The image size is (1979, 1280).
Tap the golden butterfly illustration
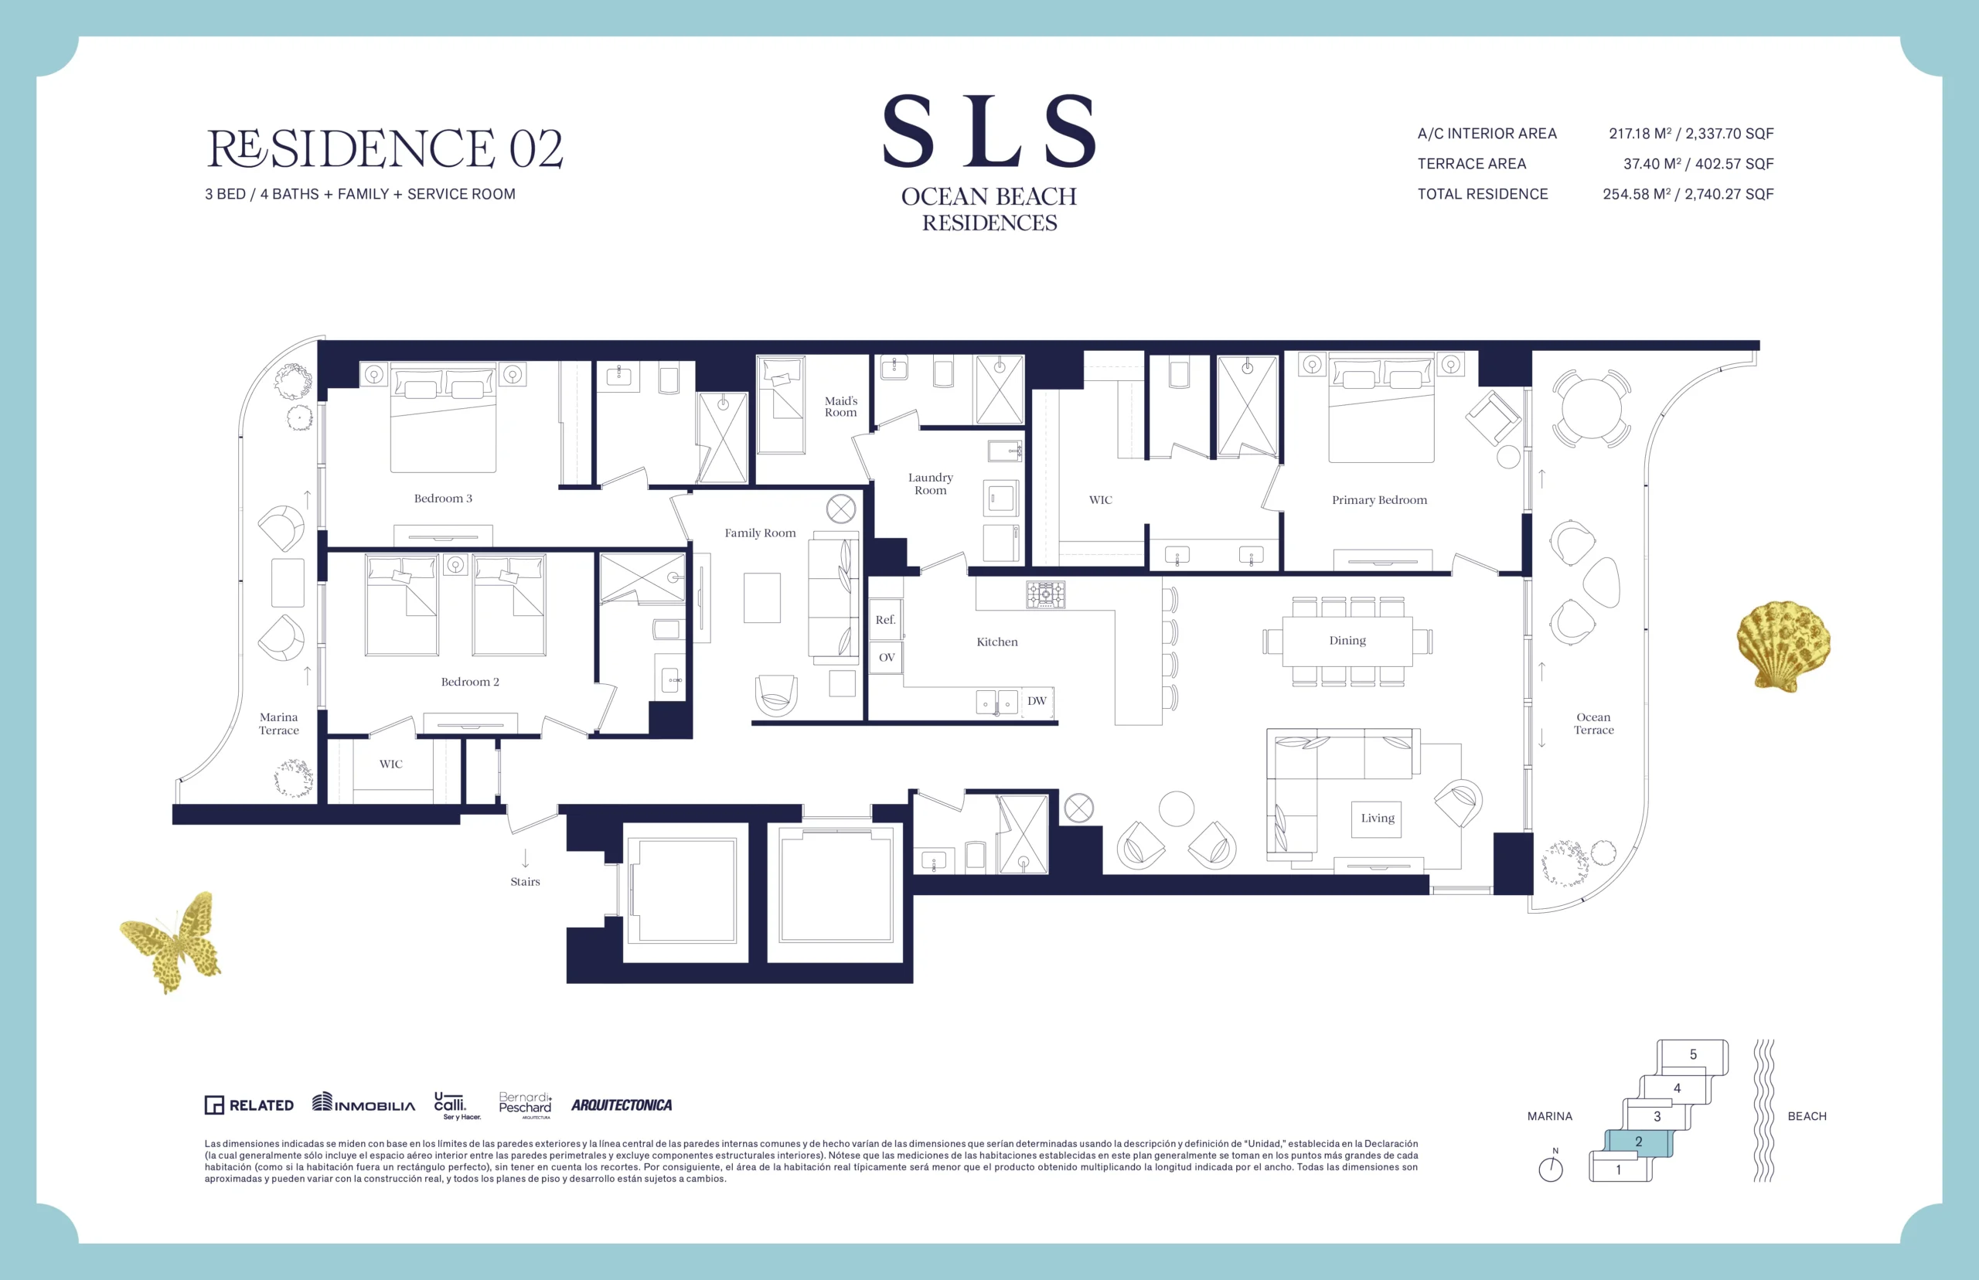[172, 941]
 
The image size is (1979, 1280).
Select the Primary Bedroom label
[1379, 499]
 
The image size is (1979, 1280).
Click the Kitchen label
[996, 642]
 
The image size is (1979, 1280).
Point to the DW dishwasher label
[1037, 700]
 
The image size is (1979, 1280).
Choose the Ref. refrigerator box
[885, 619]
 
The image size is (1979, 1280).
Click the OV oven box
[886, 658]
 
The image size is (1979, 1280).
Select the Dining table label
[1347, 640]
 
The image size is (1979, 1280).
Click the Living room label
[1378, 818]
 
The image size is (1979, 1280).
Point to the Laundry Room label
[930, 484]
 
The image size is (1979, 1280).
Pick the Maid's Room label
[840, 407]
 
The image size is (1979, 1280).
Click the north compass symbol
[1551, 1166]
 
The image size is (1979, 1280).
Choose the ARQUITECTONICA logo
[622, 1105]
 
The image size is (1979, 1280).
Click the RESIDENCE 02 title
[385, 148]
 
